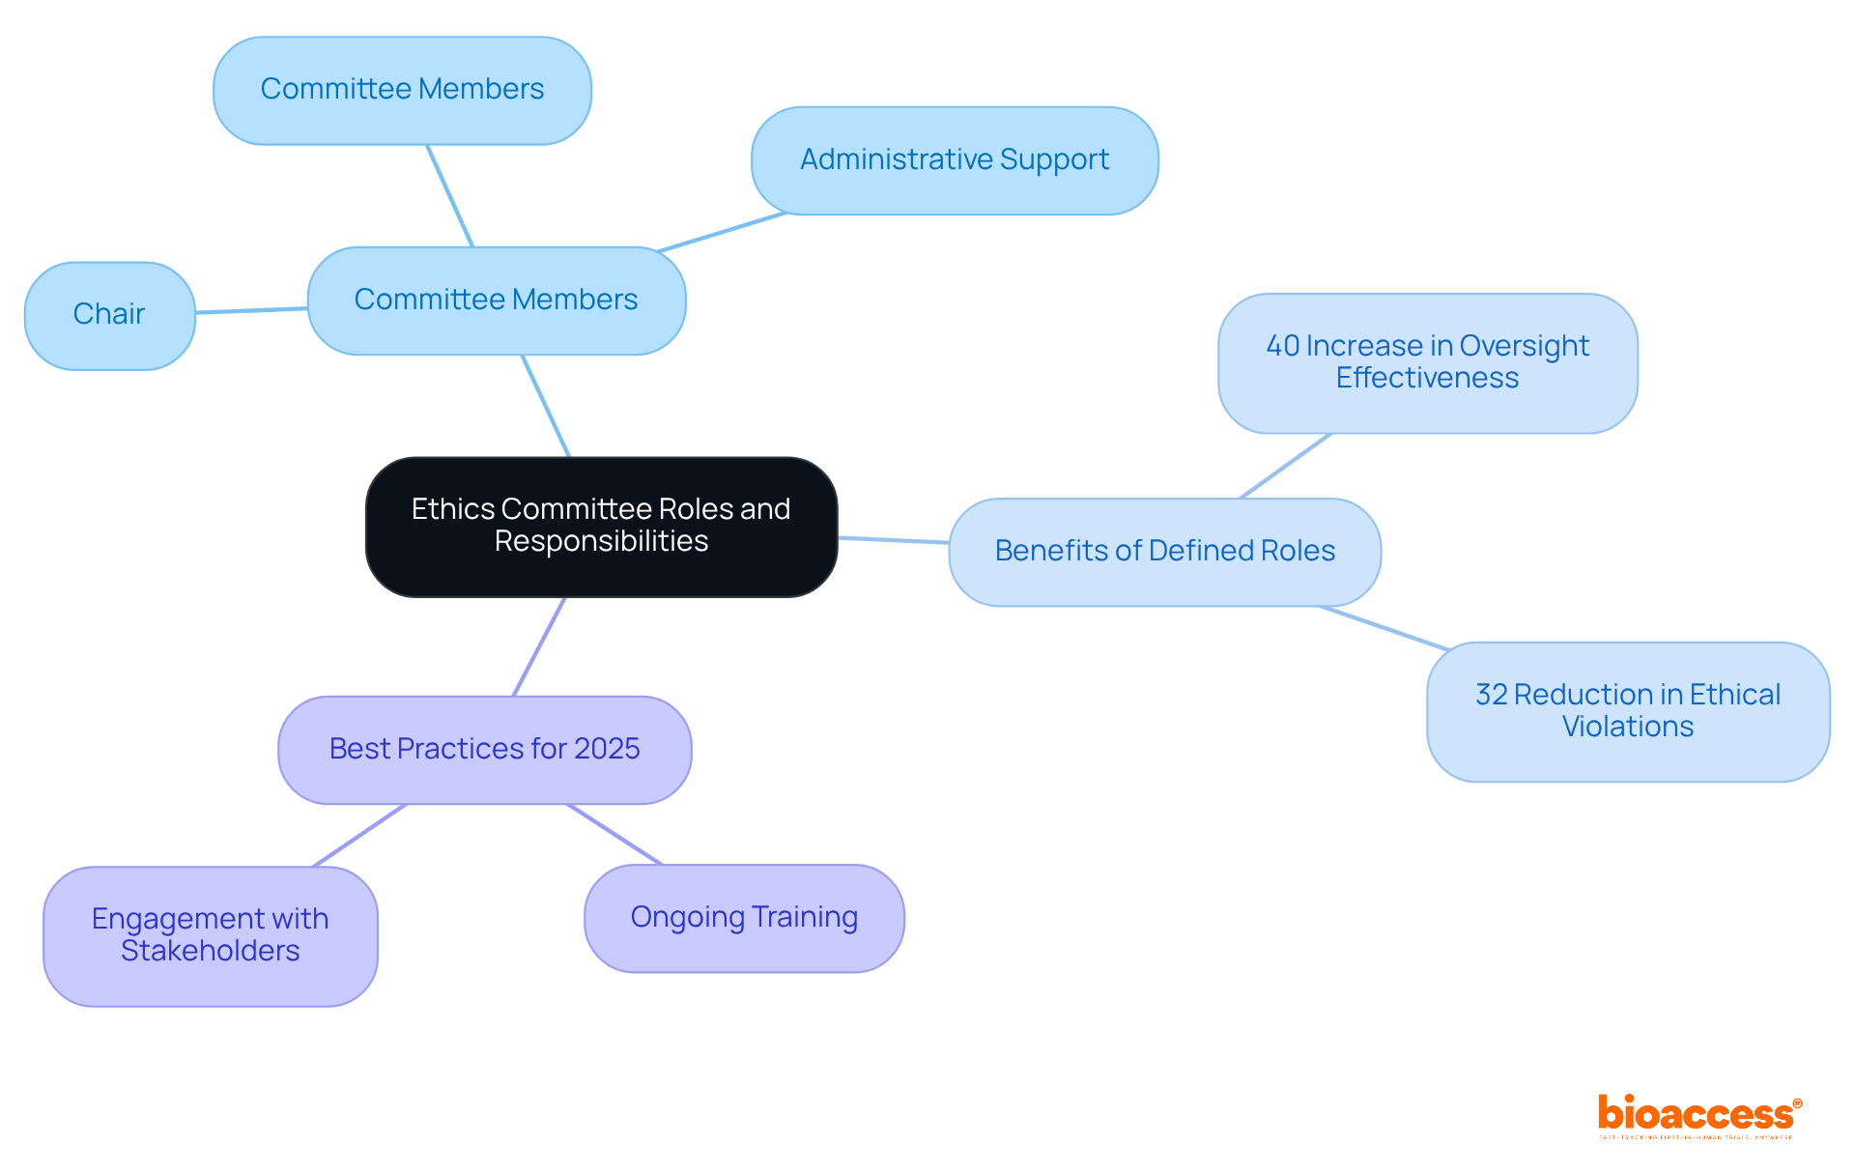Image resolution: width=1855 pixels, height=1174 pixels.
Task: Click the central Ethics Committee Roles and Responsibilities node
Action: tap(601, 527)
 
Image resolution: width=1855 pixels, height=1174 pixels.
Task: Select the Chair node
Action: tap(109, 315)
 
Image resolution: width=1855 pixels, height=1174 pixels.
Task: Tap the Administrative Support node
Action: tap(955, 160)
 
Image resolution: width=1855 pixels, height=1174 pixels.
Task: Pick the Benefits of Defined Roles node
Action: tap(1164, 552)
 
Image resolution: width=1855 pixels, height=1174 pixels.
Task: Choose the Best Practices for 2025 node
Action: tap(484, 750)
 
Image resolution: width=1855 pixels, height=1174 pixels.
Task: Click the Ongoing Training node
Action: tap(744, 918)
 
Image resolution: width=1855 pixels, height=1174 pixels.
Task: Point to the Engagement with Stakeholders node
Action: tap(210, 935)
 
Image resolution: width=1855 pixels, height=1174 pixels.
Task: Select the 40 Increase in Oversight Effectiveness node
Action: tap(1427, 362)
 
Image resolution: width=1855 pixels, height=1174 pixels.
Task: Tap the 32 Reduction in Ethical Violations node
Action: tap(1627, 711)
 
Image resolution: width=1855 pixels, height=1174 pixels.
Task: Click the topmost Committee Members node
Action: tap(402, 90)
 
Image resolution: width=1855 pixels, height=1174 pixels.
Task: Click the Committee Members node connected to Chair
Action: tap(496, 301)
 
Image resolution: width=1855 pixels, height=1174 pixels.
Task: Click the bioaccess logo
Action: tap(1698, 1116)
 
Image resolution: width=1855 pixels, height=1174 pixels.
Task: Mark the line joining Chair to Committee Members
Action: tap(251, 310)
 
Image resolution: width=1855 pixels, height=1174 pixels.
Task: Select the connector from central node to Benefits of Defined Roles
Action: tap(893, 540)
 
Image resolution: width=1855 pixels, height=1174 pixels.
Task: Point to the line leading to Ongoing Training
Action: tap(614, 834)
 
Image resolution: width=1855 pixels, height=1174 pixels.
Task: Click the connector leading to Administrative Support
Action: tap(723, 232)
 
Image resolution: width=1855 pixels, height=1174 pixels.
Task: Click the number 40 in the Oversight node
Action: tap(1282, 346)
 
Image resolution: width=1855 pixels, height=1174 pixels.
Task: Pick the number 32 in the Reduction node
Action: tap(1491, 695)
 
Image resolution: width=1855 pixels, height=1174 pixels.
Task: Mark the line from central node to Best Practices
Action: tap(539, 646)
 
